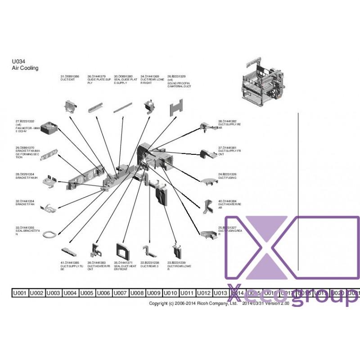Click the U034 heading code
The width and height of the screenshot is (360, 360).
(x=18, y=62)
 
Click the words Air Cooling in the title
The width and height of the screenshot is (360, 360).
(x=25, y=68)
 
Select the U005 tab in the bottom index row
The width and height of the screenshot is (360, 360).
(x=87, y=293)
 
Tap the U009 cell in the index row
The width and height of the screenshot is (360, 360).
(x=154, y=293)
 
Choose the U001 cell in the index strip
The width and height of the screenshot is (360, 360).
(x=20, y=293)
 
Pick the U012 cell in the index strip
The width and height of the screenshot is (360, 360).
(x=204, y=293)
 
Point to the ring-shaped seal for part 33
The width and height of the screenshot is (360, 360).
(x=52, y=233)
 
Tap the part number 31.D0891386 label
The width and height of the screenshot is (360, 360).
(x=70, y=77)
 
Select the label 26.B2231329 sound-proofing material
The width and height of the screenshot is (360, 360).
(x=179, y=81)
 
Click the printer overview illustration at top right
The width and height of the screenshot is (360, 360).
(x=263, y=82)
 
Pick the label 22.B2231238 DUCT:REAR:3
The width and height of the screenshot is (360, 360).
(x=149, y=264)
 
